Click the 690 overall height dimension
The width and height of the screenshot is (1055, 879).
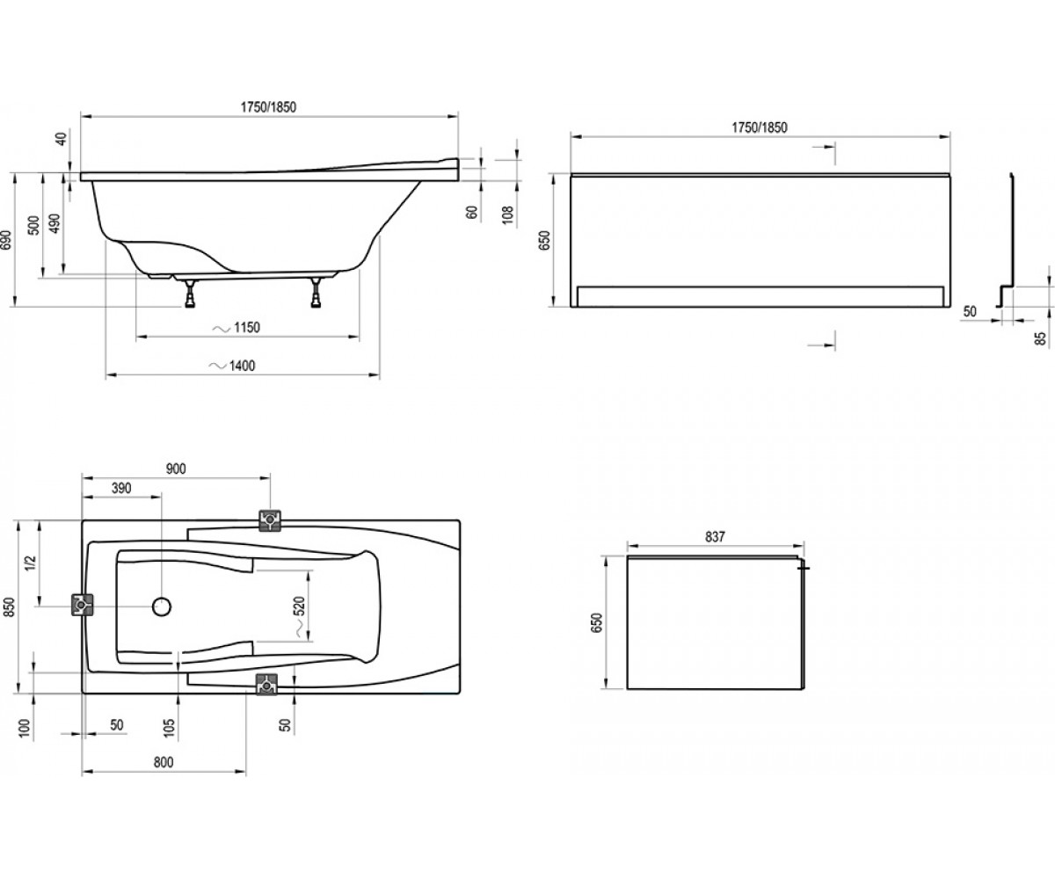coord(6,240)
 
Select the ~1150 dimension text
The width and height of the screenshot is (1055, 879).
coord(236,328)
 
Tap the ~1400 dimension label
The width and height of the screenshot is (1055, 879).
coord(232,366)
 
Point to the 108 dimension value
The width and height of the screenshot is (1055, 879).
coord(508,214)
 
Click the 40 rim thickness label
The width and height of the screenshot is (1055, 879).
coord(62,138)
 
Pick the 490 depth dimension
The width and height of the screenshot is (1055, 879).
coord(55,223)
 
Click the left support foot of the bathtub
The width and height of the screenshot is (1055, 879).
coord(191,293)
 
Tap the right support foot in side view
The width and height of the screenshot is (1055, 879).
coord(316,293)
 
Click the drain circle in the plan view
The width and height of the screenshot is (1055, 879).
coord(162,607)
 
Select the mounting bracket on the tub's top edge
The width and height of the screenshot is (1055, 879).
coord(270,519)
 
